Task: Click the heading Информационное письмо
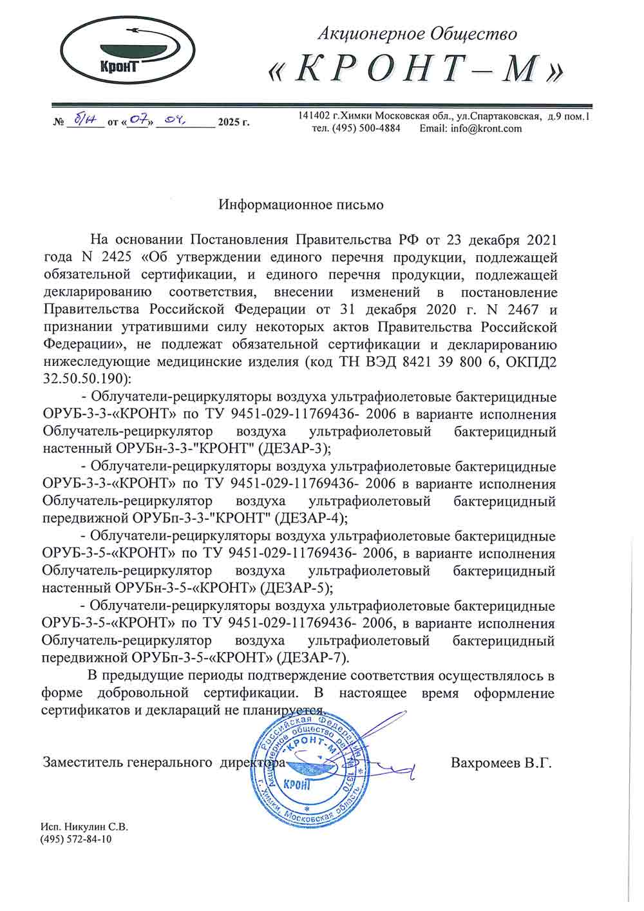click(x=301, y=205)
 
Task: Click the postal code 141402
click(x=314, y=116)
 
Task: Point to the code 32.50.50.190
click(x=86, y=378)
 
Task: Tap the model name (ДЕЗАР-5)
click(x=297, y=587)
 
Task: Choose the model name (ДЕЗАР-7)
click(x=311, y=657)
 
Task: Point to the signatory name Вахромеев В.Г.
click(x=502, y=763)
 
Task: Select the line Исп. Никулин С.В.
click(x=84, y=827)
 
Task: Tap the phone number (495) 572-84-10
click(x=75, y=839)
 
